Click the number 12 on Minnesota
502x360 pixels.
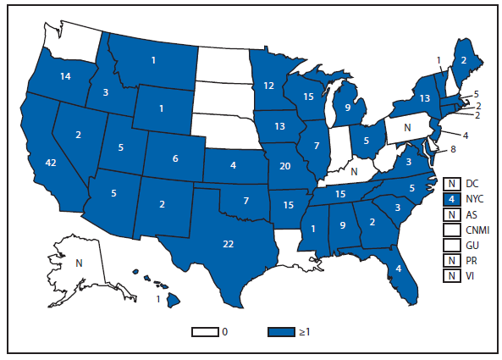point(268,86)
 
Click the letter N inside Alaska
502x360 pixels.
point(78,263)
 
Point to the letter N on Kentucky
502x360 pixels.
point(353,172)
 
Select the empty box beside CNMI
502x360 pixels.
point(452,230)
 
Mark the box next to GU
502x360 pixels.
point(452,246)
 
